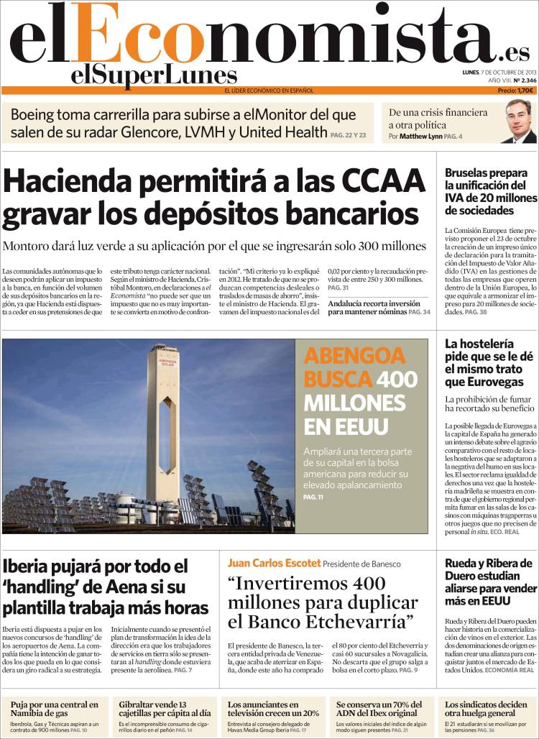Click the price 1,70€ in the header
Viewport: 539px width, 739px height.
point(525,91)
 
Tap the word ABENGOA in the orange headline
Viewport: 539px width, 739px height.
point(344,357)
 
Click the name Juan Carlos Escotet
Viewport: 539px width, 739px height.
point(273,564)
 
